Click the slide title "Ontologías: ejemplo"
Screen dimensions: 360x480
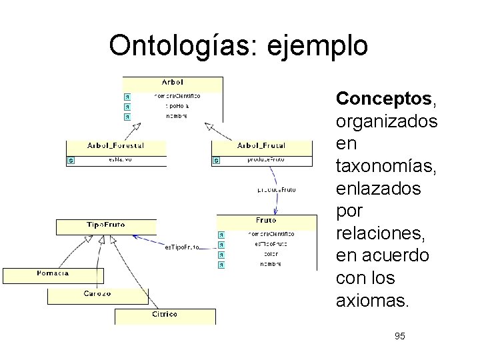238,45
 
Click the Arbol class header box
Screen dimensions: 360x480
173,83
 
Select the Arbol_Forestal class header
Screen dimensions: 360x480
115,145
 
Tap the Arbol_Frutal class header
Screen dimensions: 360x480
261,145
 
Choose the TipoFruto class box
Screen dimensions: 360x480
106,225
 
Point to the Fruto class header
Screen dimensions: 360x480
266,220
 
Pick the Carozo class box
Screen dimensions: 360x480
97,294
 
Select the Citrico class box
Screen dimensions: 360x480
165,314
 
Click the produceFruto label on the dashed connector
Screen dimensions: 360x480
276,190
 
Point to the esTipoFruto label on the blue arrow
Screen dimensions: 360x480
182,247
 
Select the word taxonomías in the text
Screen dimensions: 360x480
387,166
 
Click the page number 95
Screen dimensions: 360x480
399,336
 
